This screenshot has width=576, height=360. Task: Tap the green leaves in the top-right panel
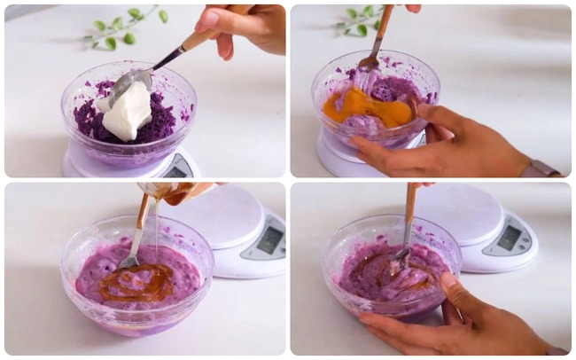point(360,22)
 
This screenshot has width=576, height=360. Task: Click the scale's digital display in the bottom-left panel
point(268,239)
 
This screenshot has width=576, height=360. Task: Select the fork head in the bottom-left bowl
point(128,261)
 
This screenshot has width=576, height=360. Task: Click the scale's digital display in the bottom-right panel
point(510,237)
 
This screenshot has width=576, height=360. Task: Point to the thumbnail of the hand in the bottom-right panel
point(449,282)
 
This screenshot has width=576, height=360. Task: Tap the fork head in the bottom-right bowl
point(401,257)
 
